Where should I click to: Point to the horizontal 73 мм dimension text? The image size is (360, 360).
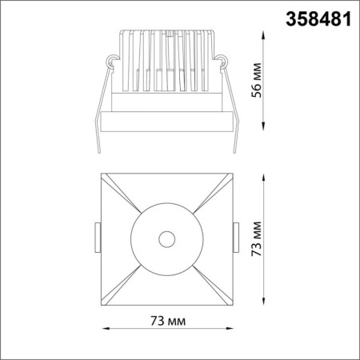click(167, 322)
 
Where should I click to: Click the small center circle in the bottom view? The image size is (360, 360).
click(166, 238)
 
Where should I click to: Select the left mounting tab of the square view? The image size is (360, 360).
click(97, 237)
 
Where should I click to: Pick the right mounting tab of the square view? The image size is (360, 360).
click(237, 237)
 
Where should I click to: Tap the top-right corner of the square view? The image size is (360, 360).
click(232, 172)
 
